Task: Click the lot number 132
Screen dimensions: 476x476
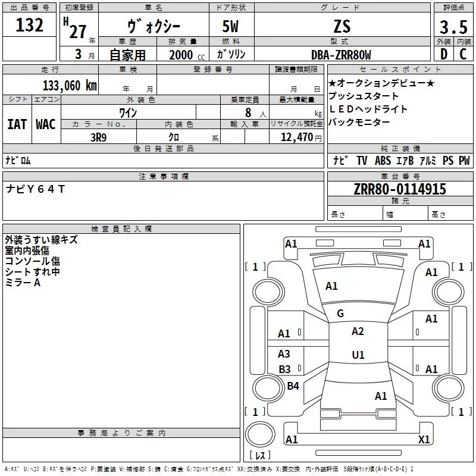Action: point(30,26)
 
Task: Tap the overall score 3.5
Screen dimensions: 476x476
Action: point(452,27)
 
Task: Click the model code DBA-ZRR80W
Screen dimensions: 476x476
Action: point(341,55)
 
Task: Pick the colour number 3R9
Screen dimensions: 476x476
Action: point(98,136)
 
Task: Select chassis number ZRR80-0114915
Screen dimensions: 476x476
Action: point(400,190)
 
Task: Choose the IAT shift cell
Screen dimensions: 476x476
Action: point(17,124)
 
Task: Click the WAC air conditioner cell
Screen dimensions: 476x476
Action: point(45,124)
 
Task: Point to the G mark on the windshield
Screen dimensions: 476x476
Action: point(340,314)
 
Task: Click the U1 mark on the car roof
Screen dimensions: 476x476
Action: point(358,355)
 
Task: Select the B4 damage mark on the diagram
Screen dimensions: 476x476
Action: point(293,386)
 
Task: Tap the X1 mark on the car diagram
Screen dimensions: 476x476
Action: point(424,439)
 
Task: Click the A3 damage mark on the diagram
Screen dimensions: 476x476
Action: point(284,354)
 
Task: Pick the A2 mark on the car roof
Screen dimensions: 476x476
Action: point(358,331)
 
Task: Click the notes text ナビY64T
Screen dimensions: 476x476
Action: point(35,189)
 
